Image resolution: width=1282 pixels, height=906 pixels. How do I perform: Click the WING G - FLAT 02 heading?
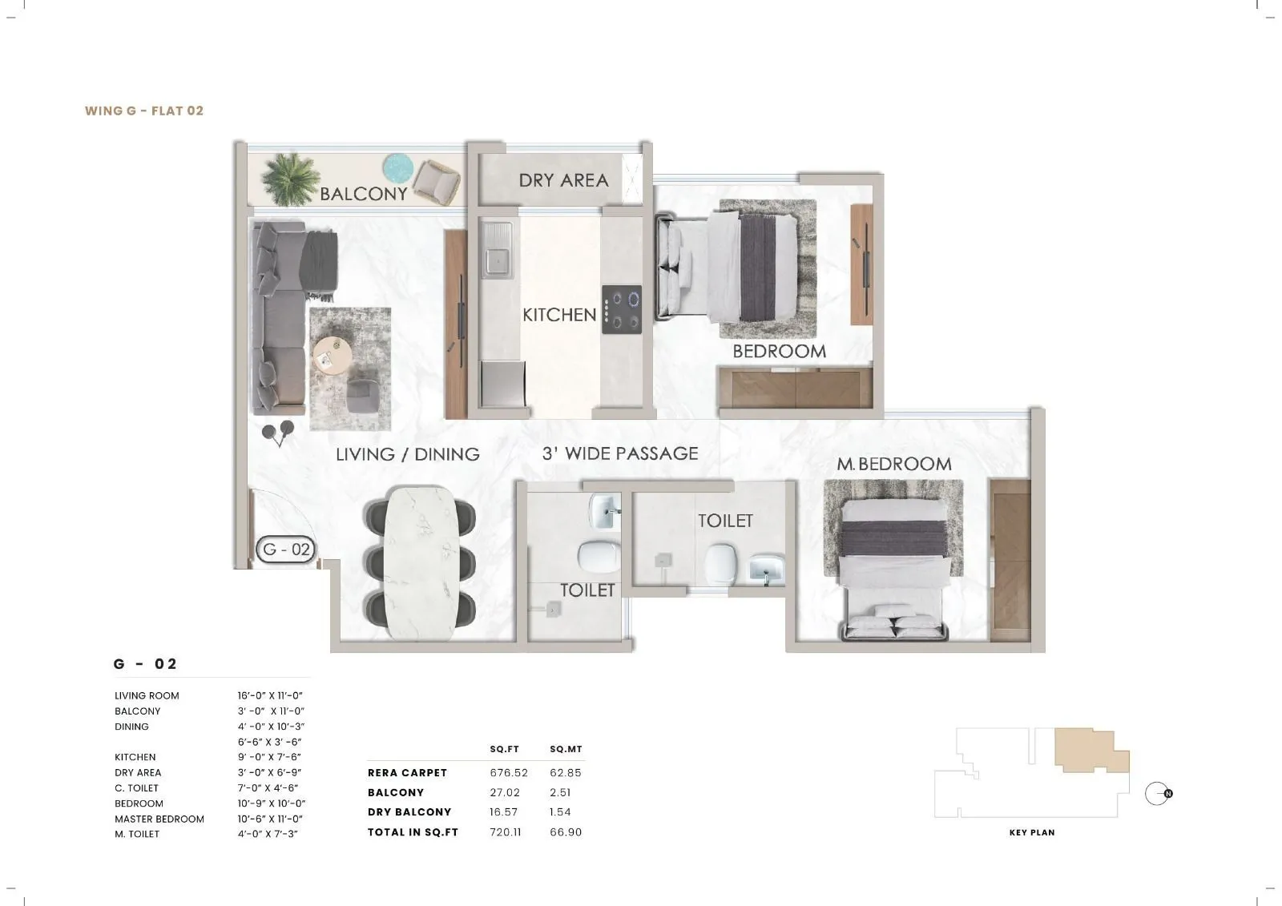[144, 111]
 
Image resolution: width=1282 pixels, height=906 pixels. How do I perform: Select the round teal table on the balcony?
[397, 168]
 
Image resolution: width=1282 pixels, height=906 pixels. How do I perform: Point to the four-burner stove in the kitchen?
[623, 309]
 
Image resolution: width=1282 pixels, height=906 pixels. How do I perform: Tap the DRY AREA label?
[563, 180]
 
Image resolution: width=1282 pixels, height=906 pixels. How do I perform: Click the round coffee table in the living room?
[332, 353]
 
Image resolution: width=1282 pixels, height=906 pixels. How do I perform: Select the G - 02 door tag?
[286, 550]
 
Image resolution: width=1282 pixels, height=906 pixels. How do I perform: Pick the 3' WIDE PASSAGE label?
[620, 453]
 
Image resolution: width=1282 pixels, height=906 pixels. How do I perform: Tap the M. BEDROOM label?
[894, 464]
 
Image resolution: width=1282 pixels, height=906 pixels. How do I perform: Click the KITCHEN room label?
[559, 315]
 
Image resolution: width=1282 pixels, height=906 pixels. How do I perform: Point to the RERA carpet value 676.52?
[505, 773]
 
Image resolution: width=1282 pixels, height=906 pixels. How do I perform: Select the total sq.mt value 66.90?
[566, 832]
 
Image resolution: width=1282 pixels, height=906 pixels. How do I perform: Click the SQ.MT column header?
[566, 750]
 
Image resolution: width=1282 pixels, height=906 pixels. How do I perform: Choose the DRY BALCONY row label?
[409, 812]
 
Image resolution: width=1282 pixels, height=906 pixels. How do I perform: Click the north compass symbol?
[1157, 794]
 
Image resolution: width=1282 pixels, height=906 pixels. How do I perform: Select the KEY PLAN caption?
[1032, 833]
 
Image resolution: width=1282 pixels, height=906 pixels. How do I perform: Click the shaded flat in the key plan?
[1086, 749]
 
